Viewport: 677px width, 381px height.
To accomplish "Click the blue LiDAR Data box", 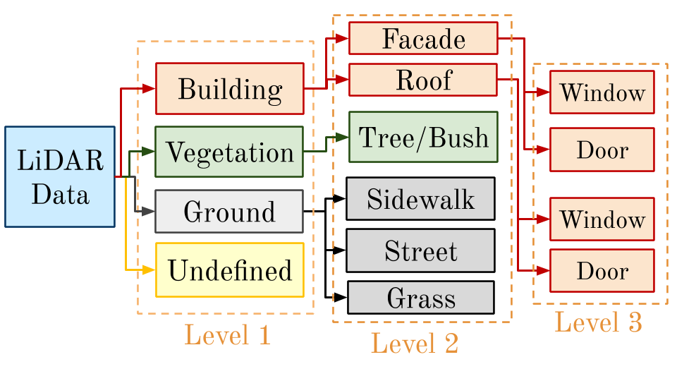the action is [60, 176].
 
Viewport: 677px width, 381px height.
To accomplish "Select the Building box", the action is [230, 89].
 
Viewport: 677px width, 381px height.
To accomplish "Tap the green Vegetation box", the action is [229, 152].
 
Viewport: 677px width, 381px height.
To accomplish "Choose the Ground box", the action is [229, 211].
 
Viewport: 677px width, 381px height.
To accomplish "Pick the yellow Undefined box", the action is [230, 270].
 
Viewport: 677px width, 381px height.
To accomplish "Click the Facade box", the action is [423, 38].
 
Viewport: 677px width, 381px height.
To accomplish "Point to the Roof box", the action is [423, 80].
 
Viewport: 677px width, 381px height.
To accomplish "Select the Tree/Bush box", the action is [423, 137].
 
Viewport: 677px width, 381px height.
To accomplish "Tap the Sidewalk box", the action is [420, 199].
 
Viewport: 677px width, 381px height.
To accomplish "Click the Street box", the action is [420, 250].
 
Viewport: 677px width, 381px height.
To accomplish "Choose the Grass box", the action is [421, 298].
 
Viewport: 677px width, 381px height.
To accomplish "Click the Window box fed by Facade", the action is [602, 92].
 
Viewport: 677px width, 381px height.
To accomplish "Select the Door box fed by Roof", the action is [602, 271].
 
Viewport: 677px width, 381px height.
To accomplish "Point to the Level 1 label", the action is [228, 334].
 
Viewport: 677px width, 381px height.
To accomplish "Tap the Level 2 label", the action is [415, 344].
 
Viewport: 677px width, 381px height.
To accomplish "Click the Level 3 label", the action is [599, 322].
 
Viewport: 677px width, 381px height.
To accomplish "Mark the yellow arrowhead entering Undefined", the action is [149, 270].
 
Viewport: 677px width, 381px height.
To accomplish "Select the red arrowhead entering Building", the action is [149, 89].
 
